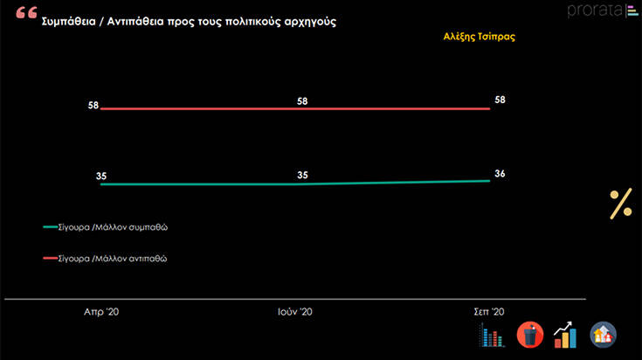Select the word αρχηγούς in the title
[306, 21]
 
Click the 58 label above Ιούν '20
[302, 101]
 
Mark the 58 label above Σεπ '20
[500, 100]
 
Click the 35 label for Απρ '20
[101, 176]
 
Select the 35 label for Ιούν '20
[302, 175]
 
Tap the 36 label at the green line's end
[500, 173]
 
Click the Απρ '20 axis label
[102, 311]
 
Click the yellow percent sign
[620, 204]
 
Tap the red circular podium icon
[530, 334]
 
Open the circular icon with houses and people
[604, 334]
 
